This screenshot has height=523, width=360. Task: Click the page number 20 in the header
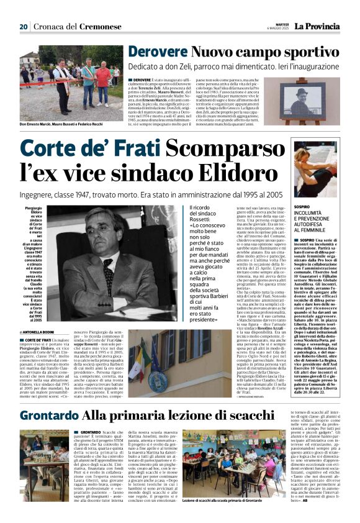pyautogui.click(x=23, y=27)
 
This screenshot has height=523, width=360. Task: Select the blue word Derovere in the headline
pyautogui.click(x=155, y=53)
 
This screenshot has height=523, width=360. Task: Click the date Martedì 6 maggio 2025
pyautogui.click(x=275, y=27)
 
